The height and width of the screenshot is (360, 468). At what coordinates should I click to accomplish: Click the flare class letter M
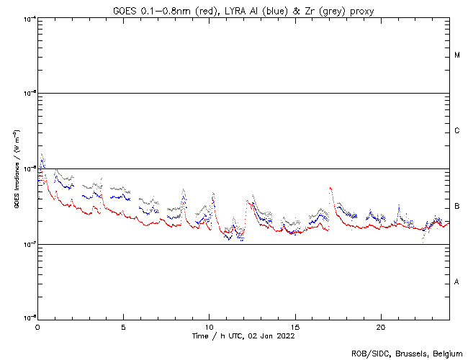(x=458, y=55)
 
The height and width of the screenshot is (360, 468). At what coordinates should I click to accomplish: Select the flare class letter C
(x=458, y=131)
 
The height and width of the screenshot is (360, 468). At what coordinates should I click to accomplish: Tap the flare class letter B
(x=458, y=207)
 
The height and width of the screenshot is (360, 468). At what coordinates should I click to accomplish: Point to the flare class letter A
(x=458, y=282)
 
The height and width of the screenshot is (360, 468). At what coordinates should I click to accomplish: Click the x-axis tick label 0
(x=37, y=326)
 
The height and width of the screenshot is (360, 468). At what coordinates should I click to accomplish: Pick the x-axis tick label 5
(x=123, y=326)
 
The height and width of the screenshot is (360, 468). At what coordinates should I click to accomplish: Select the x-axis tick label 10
(x=209, y=326)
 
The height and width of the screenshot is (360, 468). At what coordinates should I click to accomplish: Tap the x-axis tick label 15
(x=295, y=326)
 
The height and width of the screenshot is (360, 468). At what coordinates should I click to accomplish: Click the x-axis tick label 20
(x=381, y=326)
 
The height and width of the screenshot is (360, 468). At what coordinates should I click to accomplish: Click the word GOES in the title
(x=124, y=9)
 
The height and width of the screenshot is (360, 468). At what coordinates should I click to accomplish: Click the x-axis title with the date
(x=243, y=336)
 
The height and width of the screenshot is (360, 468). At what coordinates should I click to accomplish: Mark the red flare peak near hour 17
(x=330, y=188)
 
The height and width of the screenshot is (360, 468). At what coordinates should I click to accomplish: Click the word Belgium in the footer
(x=446, y=353)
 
